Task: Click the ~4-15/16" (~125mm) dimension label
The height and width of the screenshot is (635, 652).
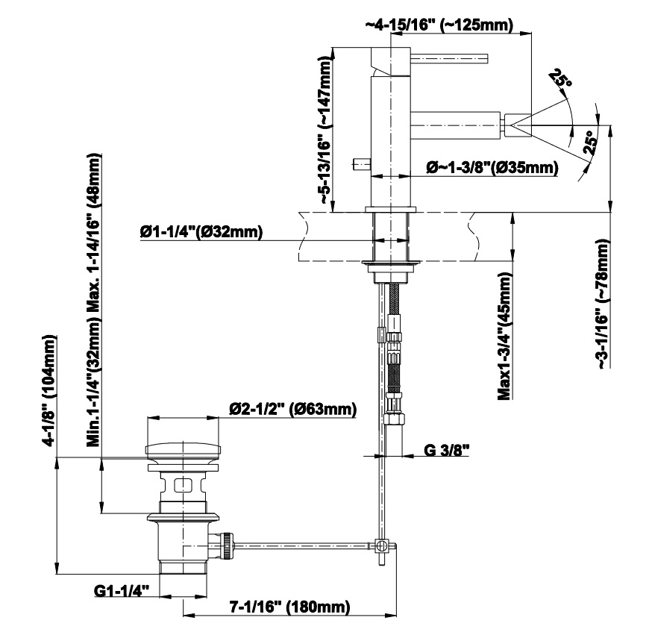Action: (x=439, y=25)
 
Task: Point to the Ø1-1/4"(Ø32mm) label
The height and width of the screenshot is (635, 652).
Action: (x=201, y=231)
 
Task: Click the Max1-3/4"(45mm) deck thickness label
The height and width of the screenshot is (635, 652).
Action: (x=505, y=336)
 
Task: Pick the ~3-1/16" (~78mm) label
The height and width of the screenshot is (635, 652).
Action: (x=603, y=304)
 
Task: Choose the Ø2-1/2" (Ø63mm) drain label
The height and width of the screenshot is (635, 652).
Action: (x=293, y=409)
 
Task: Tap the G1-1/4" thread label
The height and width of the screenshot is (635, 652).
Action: (x=122, y=590)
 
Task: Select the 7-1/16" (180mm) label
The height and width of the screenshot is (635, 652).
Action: (x=290, y=607)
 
